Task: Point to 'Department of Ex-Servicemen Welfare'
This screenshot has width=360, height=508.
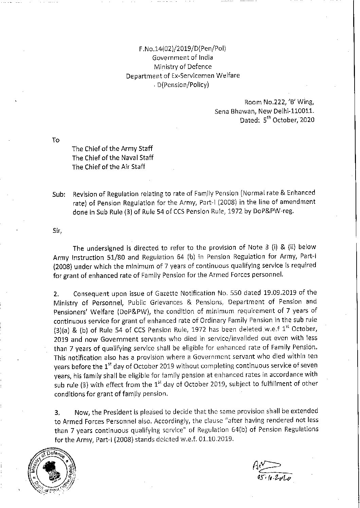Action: pos(183,76)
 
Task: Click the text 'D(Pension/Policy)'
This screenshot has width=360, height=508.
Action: pos(183,85)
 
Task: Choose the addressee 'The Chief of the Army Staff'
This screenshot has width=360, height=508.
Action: pos(112,149)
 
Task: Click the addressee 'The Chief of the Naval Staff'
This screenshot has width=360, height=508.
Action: pos(113,158)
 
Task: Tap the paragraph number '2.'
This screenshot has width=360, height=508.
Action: pos(57,293)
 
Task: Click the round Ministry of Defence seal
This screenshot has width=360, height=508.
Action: pos(51,473)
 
